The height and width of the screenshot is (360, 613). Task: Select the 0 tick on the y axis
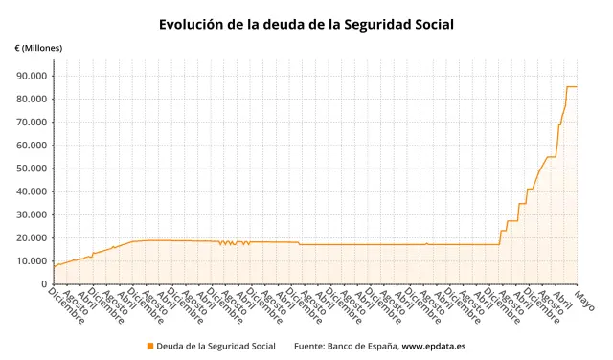click(44, 284)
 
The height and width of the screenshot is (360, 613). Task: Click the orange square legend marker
click(149, 346)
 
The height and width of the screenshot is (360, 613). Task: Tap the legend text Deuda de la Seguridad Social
click(216, 346)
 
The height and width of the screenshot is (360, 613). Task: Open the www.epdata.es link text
click(439, 346)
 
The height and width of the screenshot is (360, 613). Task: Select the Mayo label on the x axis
click(584, 299)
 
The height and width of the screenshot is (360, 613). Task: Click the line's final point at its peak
click(577, 87)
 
